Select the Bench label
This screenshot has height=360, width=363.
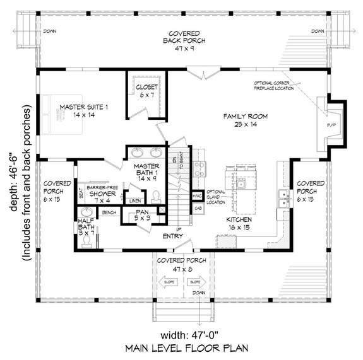pos(109,212)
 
